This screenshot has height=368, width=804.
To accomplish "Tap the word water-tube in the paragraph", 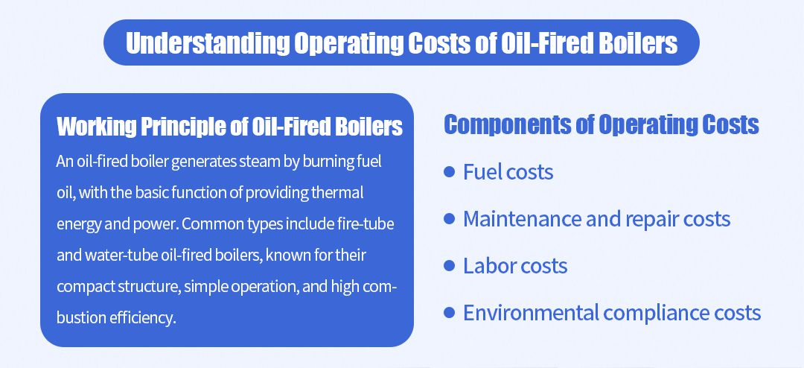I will [x=118, y=256].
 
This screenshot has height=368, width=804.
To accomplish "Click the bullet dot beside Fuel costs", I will [x=449, y=172].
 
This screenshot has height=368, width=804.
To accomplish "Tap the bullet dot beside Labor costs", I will [x=449, y=265].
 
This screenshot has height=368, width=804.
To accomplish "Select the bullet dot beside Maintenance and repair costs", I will [x=449, y=219].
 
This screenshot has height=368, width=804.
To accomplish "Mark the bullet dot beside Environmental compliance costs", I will [x=449, y=312].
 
